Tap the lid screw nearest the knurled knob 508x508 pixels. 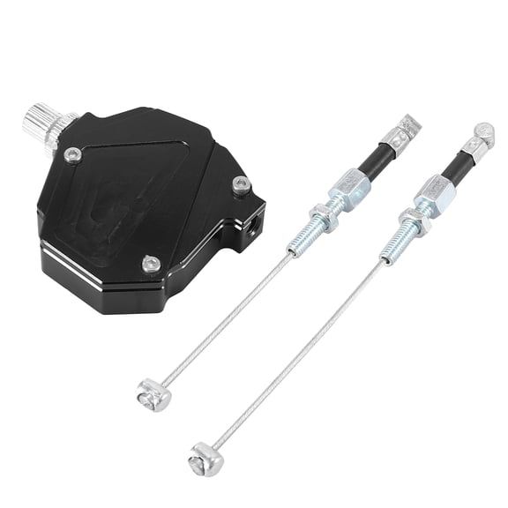coord(73,155)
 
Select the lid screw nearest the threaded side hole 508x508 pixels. coord(241,185)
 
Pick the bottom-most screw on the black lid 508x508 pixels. coord(151,263)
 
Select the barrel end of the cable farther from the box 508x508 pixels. coord(205,458)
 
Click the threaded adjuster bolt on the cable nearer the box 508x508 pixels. coord(302,239)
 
